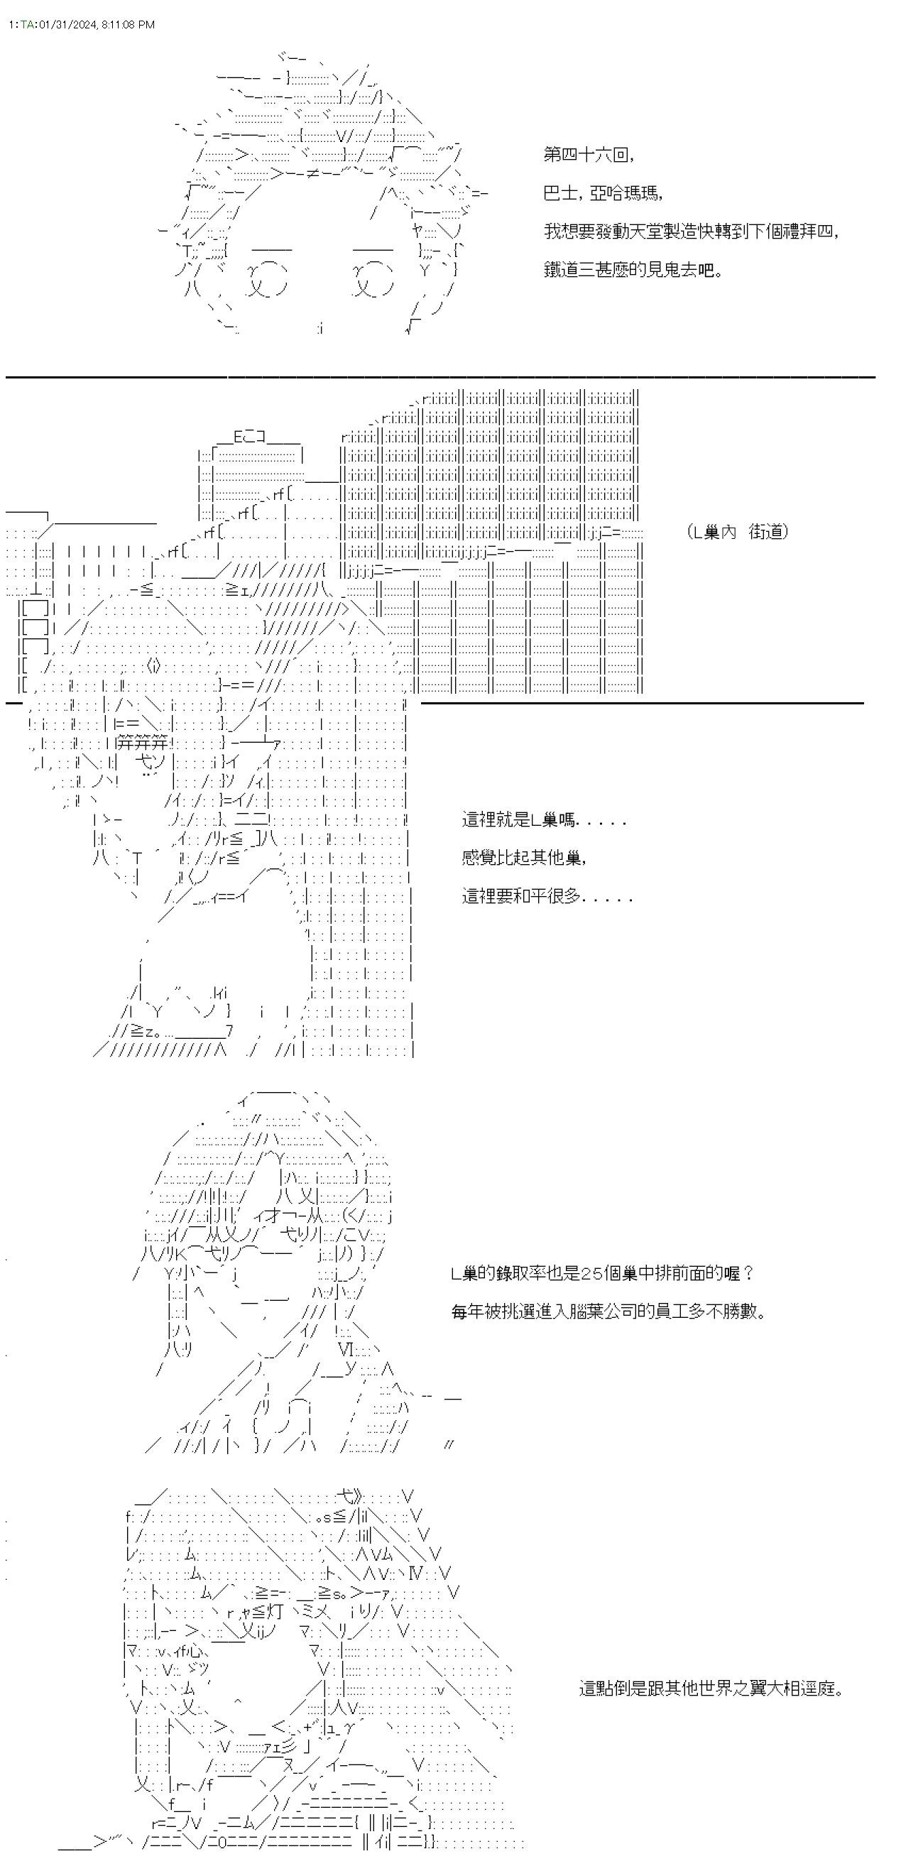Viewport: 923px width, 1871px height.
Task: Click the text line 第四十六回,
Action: coord(589,155)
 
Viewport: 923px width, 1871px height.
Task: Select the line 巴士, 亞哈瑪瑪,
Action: coord(602,193)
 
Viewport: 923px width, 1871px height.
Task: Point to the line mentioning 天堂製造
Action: coord(691,231)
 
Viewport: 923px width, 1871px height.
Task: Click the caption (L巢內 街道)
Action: coord(736,533)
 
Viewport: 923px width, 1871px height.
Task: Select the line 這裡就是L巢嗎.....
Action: coord(544,822)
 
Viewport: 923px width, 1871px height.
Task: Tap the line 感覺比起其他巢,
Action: coord(523,858)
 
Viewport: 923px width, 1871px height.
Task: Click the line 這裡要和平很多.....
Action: coord(547,897)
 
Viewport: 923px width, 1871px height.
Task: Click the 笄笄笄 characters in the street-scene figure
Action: coord(142,743)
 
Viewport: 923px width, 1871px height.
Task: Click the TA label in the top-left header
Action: coord(26,25)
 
